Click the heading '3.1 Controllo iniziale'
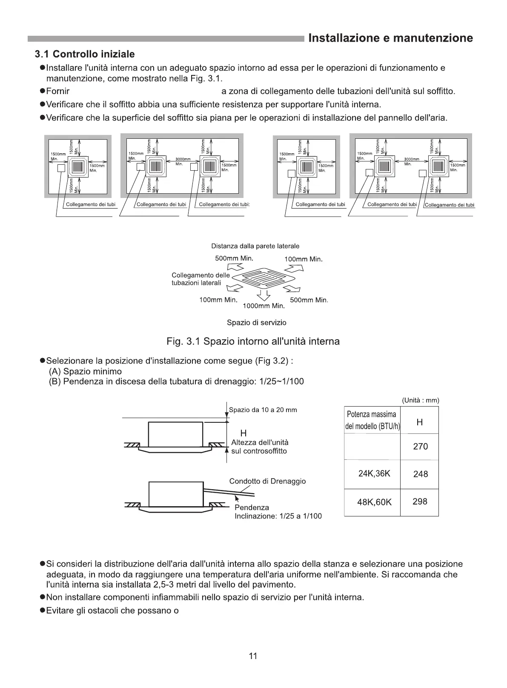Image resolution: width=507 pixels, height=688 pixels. click(85, 54)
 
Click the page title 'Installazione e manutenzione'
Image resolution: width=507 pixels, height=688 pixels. click(390, 38)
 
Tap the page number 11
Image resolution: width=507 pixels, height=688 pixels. click(253, 656)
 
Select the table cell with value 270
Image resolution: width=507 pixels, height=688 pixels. click(420, 447)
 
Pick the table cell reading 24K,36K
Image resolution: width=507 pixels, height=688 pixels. click(374, 474)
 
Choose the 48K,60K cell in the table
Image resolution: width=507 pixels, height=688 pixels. click(374, 502)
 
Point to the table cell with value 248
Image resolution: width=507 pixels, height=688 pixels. click(420, 474)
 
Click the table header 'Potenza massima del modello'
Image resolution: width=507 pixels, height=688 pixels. click(372, 420)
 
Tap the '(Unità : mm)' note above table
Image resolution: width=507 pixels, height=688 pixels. click(420, 400)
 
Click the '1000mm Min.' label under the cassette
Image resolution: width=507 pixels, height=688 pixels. click(263, 306)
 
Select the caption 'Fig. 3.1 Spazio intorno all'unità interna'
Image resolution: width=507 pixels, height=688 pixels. click(253, 341)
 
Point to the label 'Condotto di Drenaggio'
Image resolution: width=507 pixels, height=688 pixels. click(267, 481)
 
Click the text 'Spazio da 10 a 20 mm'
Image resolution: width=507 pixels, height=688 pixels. click(263, 410)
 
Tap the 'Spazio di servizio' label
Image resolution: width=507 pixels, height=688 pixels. click(256, 322)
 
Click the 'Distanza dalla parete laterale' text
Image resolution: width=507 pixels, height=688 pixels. click(255, 246)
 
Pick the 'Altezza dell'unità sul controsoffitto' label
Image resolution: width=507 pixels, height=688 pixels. click(260, 447)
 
